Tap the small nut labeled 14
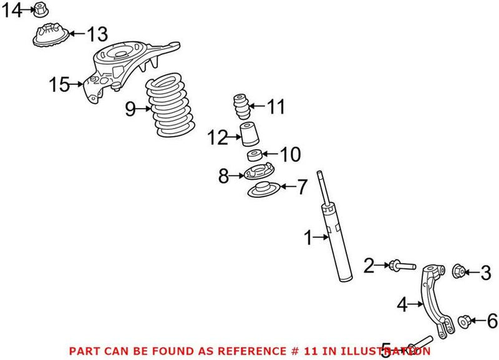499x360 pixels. coord(40,10)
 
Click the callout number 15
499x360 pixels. coord(61,84)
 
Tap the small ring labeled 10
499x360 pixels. coord(253,155)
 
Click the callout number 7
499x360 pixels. coord(301,187)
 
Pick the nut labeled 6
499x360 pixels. coord(463,321)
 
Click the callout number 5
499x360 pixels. coord(387,350)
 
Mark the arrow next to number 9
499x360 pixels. coord(144,109)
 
